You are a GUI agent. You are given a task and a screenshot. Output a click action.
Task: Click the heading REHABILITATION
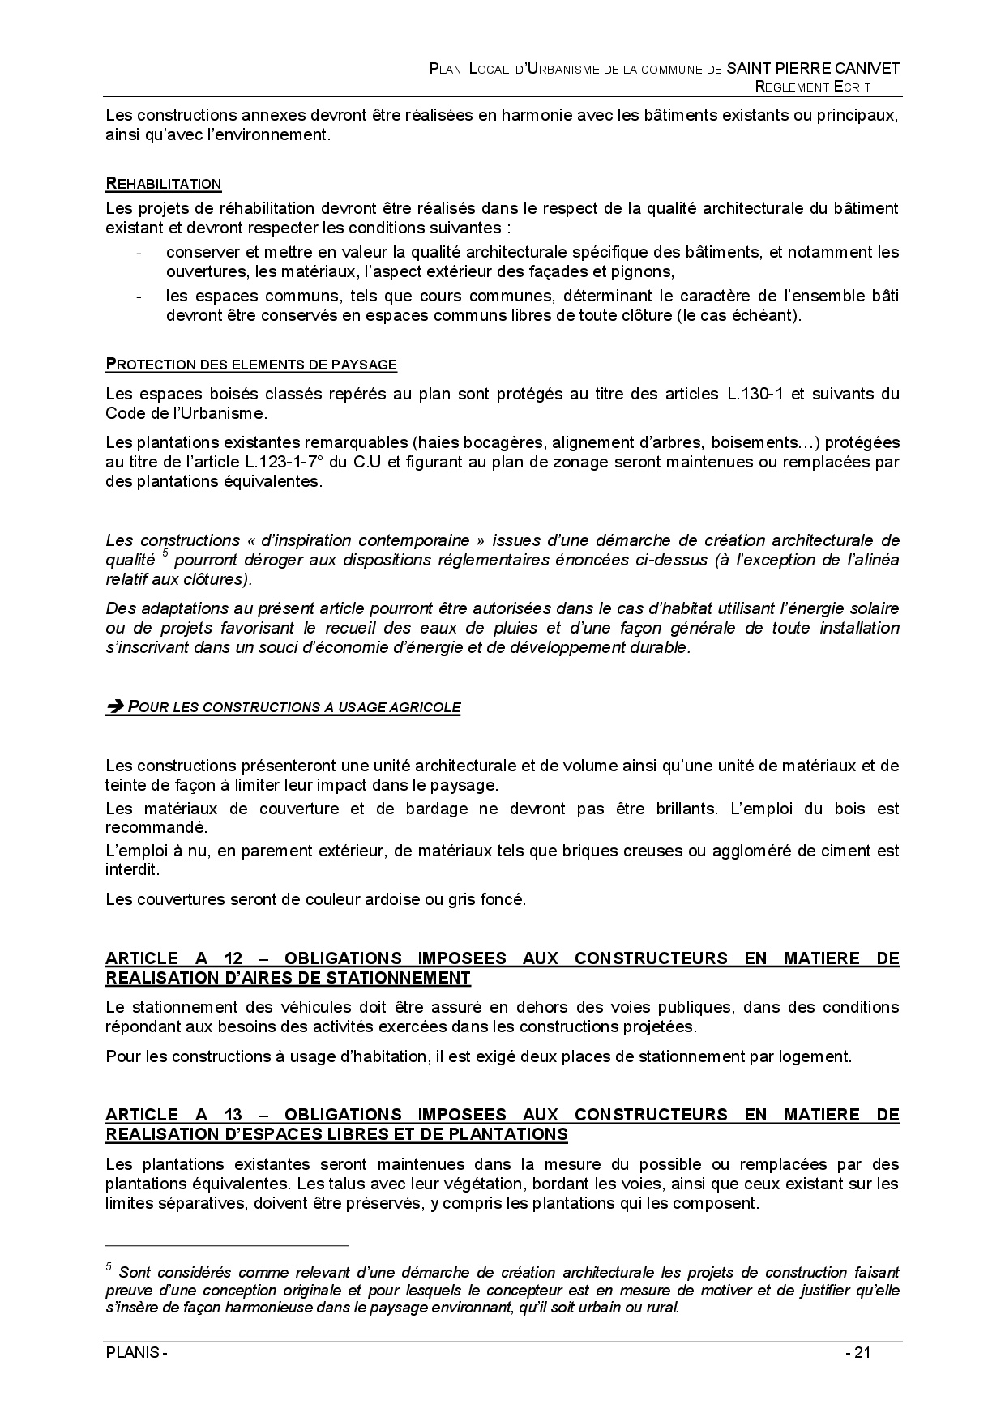pos(163,184)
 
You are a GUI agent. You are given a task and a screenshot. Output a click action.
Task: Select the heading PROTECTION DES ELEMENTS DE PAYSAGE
pos(251,365)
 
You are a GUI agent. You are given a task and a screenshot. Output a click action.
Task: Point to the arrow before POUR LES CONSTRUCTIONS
pos(114,707)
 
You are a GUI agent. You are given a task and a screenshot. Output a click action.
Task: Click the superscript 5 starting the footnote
pos(109,1267)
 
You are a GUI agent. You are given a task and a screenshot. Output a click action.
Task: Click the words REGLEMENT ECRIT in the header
pos(812,87)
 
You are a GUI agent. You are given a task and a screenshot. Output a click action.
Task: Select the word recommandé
pos(156,828)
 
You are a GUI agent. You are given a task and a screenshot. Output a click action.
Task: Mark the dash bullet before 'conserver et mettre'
pos(141,253)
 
